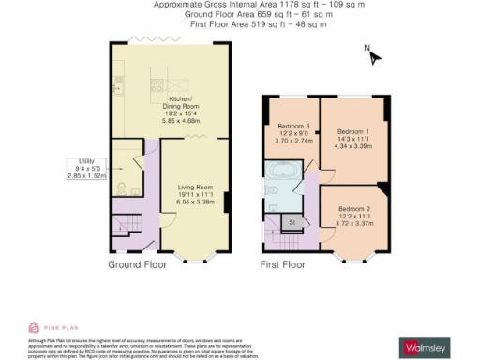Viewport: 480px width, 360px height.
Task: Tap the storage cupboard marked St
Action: coord(292,222)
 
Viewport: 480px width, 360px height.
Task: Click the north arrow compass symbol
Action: coord(373,55)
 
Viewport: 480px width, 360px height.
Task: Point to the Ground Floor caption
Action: coord(138,265)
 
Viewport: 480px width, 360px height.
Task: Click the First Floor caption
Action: coord(282,265)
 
